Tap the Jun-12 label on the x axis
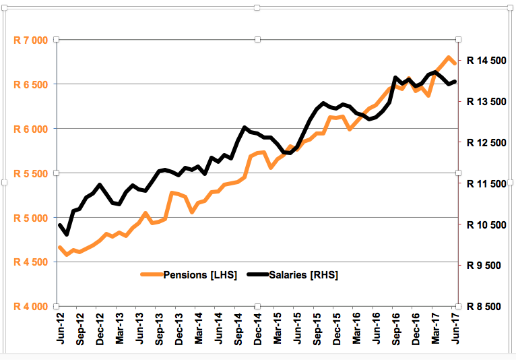pyautogui.click(x=61, y=330)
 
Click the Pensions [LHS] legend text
pyautogui.click(x=200, y=275)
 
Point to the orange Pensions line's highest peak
pyautogui.click(x=449, y=57)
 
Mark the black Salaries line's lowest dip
pyautogui.click(x=66, y=234)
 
